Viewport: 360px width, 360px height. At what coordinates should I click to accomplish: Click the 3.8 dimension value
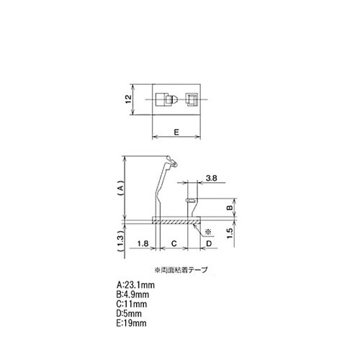click(212, 177)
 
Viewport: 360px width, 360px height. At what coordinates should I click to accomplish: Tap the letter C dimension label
click(174, 244)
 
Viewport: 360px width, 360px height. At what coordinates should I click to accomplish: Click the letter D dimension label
click(210, 244)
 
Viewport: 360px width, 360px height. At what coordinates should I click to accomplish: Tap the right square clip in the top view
click(191, 99)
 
